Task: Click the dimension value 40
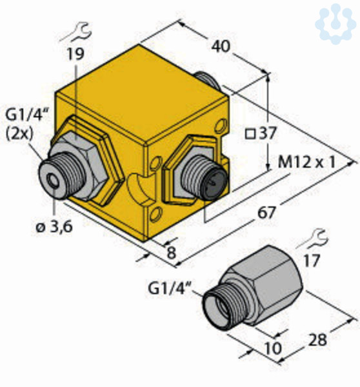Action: [x=221, y=46]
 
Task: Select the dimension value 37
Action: [x=267, y=134]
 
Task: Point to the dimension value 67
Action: [x=266, y=213]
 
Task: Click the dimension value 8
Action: [x=172, y=252]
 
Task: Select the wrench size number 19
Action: [x=75, y=54]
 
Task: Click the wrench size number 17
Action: [x=312, y=261]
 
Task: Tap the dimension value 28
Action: [x=318, y=340]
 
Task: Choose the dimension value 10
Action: [x=273, y=348]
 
